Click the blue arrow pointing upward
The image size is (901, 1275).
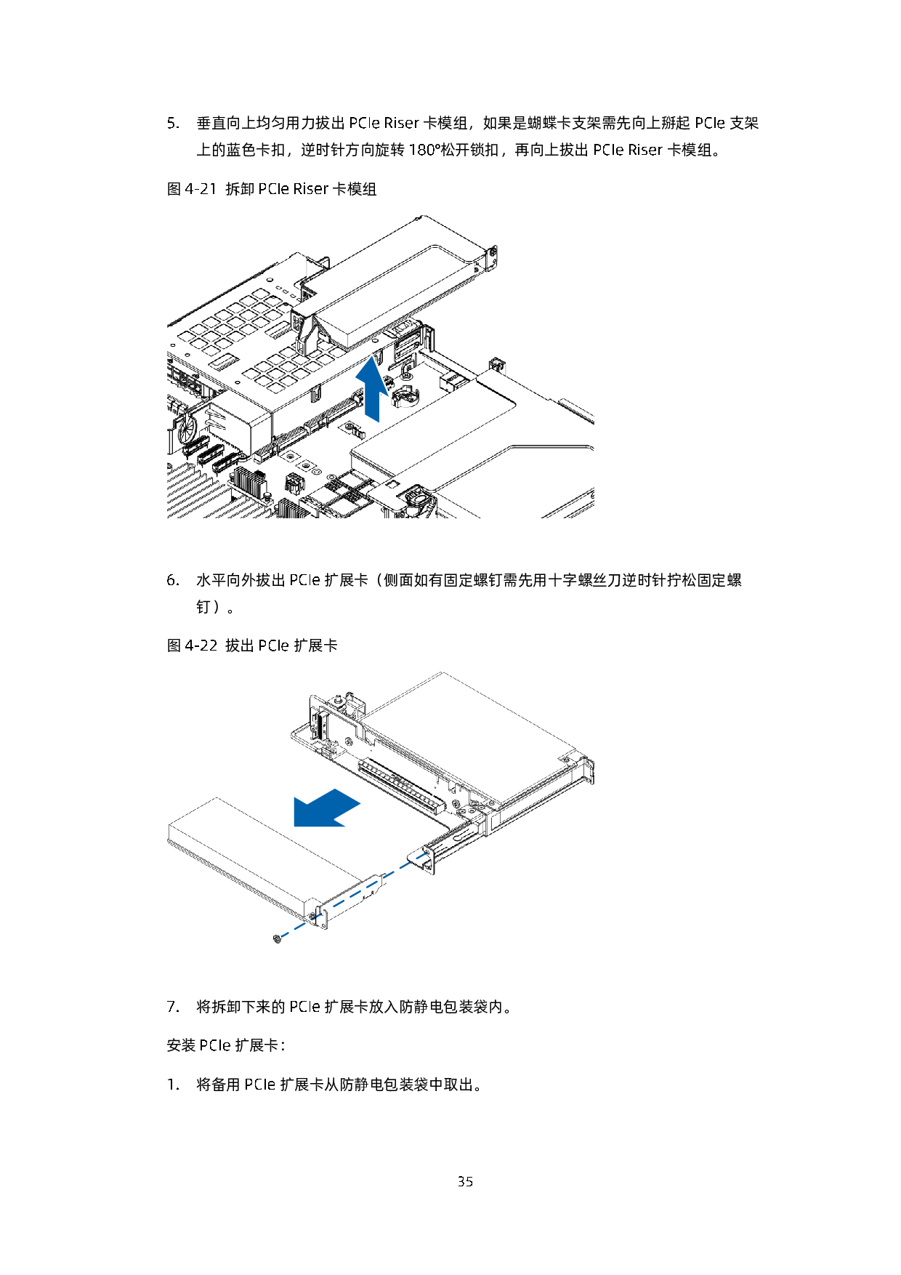click(x=372, y=389)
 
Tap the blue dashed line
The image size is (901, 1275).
click(x=355, y=894)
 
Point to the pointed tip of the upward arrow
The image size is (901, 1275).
click(x=372, y=355)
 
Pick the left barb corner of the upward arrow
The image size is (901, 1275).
click(x=355, y=378)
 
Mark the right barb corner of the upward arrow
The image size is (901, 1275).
click(x=390, y=398)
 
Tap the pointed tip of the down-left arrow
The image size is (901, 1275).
click(x=294, y=827)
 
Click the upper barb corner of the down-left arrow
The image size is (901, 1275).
click(x=294, y=795)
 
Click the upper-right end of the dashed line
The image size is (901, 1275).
click(x=427, y=853)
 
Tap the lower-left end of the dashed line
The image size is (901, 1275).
click(x=282, y=936)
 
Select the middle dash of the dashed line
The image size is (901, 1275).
click(x=355, y=894)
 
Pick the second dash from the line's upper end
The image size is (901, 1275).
click(x=405, y=865)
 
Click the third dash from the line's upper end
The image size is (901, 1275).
click(x=389, y=874)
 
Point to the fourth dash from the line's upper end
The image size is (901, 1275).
click(x=372, y=884)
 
